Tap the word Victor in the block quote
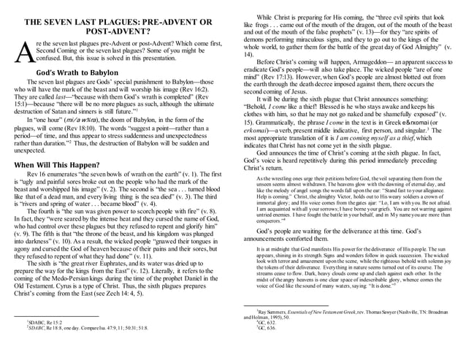coord(354,204)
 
